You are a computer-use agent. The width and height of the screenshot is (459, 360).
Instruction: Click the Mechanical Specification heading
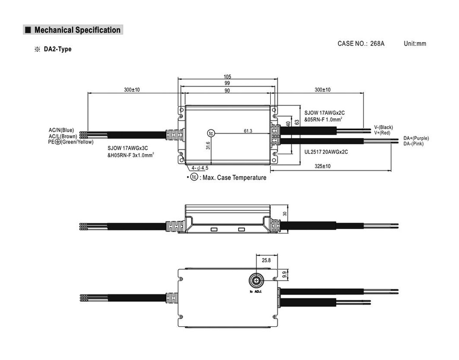pyautogui.click(x=77, y=30)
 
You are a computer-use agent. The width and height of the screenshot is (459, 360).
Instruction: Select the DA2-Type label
pyautogui.click(x=57, y=49)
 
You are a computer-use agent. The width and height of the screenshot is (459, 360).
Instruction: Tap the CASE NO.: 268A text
pyautogui.click(x=361, y=43)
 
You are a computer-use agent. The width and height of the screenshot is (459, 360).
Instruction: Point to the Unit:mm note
pyautogui.click(x=415, y=43)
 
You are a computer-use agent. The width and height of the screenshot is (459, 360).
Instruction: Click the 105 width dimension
pyautogui.click(x=227, y=77)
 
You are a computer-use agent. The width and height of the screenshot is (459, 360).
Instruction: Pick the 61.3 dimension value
pyautogui.click(x=248, y=131)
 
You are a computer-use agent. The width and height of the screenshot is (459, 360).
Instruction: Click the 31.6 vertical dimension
pyautogui.click(x=208, y=145)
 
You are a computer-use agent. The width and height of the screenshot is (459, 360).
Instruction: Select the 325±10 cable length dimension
pyautogui.click(x=323, y=166)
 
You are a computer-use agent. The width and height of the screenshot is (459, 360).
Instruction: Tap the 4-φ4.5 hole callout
pyautogui.click(x=200, y=168)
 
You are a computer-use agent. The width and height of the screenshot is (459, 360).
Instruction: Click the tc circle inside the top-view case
pyautogui.click(x=211, y=134)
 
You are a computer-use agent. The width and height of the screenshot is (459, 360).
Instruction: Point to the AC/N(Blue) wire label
pyautogui.click(x=61, y=130)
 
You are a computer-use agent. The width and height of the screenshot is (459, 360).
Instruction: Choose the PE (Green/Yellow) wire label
pyautogui.click(x=71, y=142)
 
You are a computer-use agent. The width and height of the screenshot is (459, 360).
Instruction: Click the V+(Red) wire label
pyautogui.click(x=382, y=133)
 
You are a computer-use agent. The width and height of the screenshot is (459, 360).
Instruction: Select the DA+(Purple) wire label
pyautogui.click(x=416, y=138)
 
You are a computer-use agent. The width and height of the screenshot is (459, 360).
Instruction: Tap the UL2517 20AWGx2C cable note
pyautogui.click(x=326, y=152)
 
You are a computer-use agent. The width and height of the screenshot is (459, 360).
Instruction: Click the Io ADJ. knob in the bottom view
pyautogui.click(x=256, y=281)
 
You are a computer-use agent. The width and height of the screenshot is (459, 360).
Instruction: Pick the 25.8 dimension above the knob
pyautogui.click(x=266, y=260)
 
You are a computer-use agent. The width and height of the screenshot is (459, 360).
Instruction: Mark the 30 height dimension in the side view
pyautogui.click(x=285, y=214)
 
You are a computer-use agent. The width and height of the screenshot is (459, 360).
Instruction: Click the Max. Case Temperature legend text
pyautogui.click(x=234, y=178)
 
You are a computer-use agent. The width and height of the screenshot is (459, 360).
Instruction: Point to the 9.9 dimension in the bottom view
pyautogui.click(x=284, y=275)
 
